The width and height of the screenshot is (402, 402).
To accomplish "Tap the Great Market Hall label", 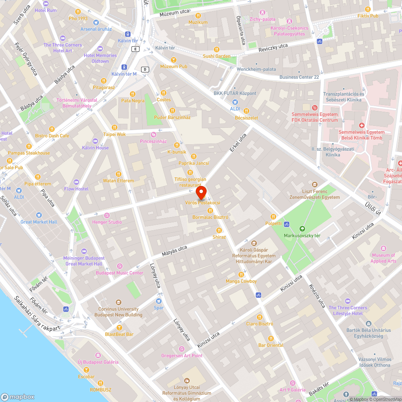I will (39, 222).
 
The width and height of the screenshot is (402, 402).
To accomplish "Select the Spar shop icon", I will (159, 301).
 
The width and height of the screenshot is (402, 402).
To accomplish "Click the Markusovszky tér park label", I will (302, 236).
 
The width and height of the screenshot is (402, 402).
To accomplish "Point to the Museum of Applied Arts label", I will (384, 258).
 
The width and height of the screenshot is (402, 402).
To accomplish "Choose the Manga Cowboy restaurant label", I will (241, 281).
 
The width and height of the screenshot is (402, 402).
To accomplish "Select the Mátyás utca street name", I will (174, 251).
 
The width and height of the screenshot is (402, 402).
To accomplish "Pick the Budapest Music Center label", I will (119, 273).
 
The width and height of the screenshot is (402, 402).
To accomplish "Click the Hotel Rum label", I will (46, 10).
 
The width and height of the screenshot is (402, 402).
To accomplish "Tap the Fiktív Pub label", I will (368, 16).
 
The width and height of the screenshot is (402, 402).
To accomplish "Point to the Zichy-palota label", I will (262, 19).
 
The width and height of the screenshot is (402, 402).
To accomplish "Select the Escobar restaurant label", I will (86, 377).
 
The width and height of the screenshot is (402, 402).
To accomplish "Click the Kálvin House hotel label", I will (95, 148).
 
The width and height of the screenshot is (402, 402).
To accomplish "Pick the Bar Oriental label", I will (271, 345).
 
